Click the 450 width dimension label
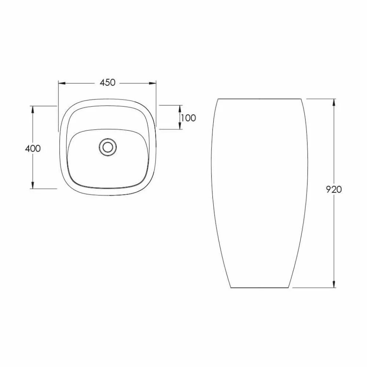click(x=108, y=83)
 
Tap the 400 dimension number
click(x=33, y=148)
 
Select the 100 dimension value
click(x=188, y=118)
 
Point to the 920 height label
click(x=334, y=189)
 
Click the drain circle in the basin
click(x=108, y=147)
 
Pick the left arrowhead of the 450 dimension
click(x=62, y=83)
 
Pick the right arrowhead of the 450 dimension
click(x=153, y=83)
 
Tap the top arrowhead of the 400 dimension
click(x=33, y=109)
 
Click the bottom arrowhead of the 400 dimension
click(x=33, y=185)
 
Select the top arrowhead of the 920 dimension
click(x=334, y=102)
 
